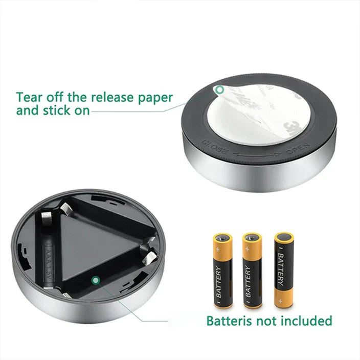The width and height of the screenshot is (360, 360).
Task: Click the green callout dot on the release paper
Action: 220,91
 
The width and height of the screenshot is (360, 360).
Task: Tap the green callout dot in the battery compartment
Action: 95,280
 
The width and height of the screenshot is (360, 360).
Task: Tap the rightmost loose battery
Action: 284,269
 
